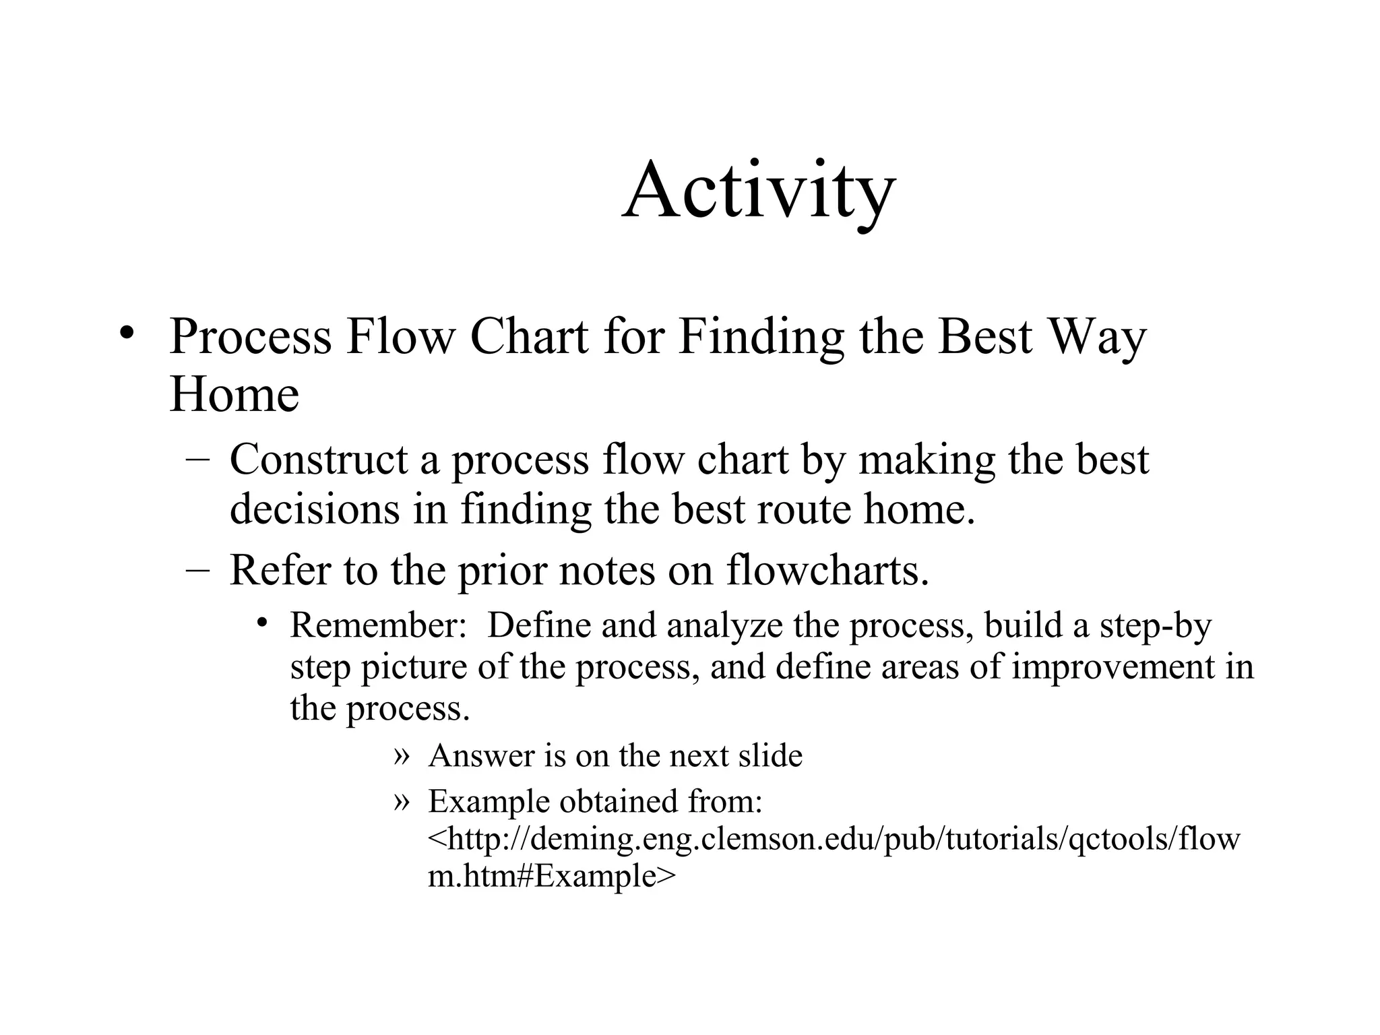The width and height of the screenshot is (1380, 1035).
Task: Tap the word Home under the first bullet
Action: [x=234, y=394]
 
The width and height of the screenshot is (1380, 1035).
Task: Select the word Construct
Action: [x=319, y=460]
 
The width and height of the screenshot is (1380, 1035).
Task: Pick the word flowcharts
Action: [x=827, y=570]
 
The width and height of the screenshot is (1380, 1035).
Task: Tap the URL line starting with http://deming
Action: [x=834, y=840]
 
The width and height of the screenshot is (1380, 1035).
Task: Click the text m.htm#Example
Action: [x=551, y=876]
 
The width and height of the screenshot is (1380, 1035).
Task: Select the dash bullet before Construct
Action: [x=197, y=460]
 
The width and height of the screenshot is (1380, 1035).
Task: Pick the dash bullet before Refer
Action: [x=197, y=569]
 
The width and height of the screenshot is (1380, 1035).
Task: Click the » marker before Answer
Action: [x=401, y=755]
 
